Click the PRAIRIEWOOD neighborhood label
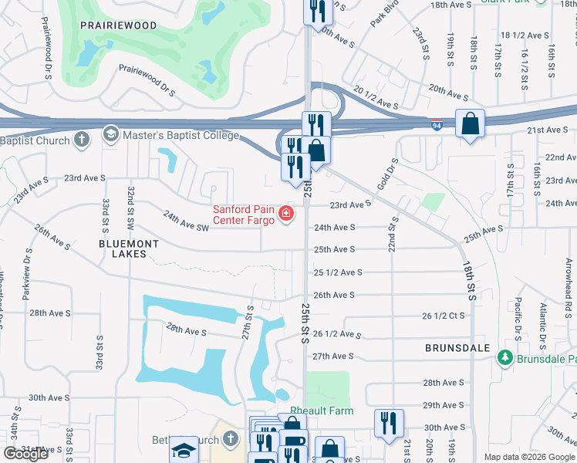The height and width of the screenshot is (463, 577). pos(118,25)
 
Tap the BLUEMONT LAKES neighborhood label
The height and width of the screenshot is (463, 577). pos(128,248)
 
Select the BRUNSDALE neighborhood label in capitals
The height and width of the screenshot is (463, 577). pos(457,349)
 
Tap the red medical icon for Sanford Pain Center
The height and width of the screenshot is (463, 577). pos(286,213)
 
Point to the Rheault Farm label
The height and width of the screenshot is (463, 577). pos(322,411)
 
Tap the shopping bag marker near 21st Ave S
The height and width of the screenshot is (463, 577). pos(470,123)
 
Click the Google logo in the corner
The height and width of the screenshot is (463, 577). pos(25,454)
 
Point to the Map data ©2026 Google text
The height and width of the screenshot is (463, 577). pos(529,457)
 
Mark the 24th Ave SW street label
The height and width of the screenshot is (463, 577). pos(187,227)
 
